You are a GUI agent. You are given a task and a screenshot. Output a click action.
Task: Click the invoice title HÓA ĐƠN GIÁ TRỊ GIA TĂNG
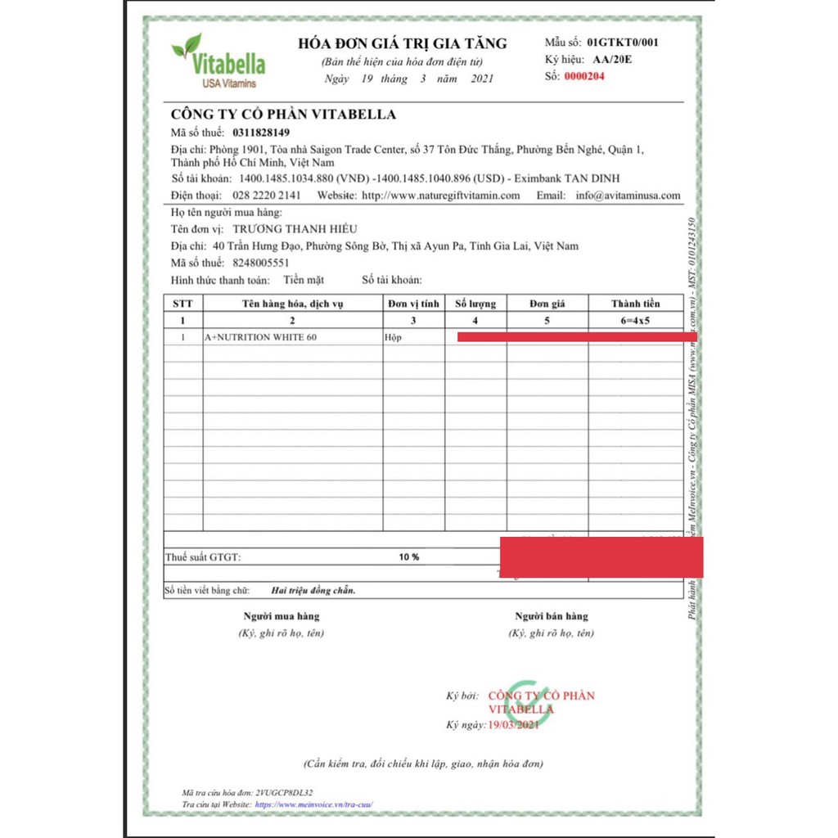(402, 44)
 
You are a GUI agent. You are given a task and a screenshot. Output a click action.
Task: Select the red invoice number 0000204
(585, 77)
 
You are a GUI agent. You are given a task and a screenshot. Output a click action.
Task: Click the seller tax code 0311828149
(261, 133)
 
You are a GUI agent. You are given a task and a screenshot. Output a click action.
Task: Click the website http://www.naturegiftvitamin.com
(441, 196)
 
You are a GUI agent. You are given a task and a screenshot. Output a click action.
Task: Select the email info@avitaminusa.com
(628, 196)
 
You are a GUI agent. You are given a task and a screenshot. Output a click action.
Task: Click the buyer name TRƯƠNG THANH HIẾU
(302, 228)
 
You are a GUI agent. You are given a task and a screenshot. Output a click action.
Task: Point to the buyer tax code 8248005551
(260, 263)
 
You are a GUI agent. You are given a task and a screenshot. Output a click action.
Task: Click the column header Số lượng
(475, 304)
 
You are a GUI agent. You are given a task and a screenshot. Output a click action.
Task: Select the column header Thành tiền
(635, 304)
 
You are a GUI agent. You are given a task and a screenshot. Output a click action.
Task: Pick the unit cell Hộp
(394, 337)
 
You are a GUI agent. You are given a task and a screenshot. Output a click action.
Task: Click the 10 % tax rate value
(409, 556)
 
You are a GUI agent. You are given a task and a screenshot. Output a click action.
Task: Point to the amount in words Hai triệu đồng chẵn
(313, 590)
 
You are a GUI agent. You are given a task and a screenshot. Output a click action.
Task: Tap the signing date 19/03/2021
(513, 725)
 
